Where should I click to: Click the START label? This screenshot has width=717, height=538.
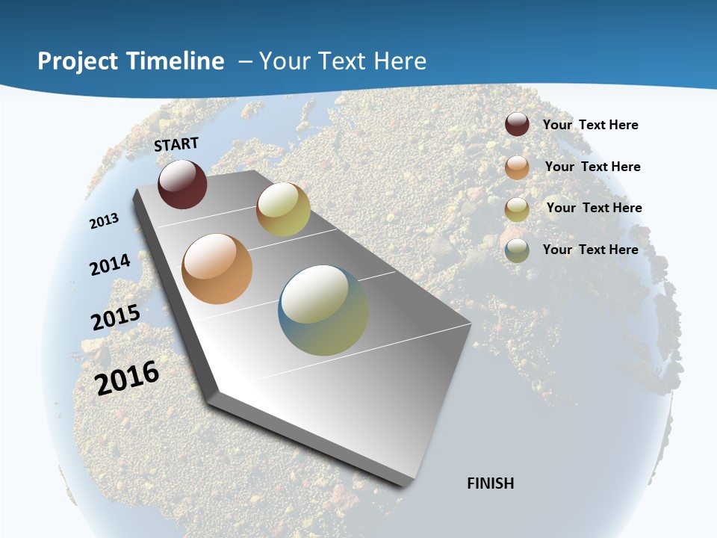coord(176,144)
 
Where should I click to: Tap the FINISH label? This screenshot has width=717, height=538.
coord(490,483)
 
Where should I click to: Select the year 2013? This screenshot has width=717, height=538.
coord(104,220)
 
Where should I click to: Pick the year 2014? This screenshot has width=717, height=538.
coord(110,265)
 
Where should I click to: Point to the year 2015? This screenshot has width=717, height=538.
coord(116,317)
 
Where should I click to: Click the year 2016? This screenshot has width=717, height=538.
coord(127,377)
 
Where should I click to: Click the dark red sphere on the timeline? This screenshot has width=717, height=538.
coord(182,184)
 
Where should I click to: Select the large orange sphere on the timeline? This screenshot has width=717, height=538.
coord(217,269)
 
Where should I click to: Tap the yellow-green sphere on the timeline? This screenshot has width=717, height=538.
coord(283,209)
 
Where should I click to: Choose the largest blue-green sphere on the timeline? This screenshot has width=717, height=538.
coord(323,310)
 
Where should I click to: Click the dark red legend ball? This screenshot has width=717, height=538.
coord(517,124)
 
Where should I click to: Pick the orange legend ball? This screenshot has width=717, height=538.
coord(517,167)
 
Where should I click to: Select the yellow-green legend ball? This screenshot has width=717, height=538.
coord(517,208)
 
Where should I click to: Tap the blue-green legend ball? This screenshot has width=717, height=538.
coord(517,250)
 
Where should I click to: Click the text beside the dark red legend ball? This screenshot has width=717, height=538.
coord(590,125)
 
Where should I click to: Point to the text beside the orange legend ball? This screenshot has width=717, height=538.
coord(592,167)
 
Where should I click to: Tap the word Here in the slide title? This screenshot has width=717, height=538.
coord(399,61)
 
